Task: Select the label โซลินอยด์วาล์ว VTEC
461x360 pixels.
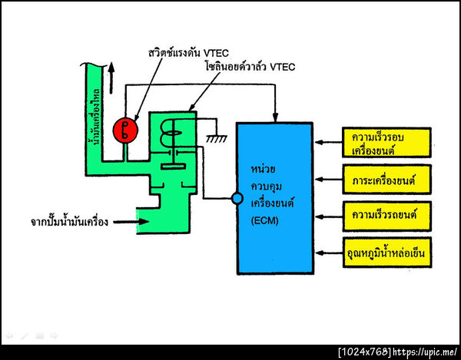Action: (250, 68)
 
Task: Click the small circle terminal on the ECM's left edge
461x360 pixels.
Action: (237, 199)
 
